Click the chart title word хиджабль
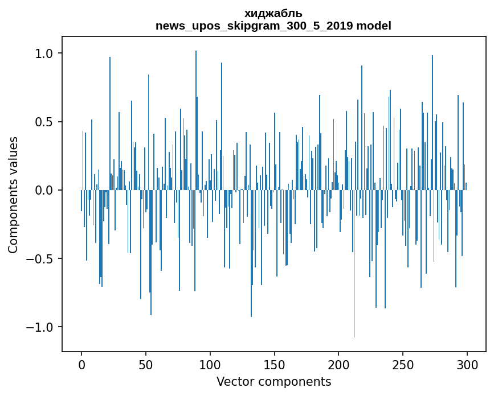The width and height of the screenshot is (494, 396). click(273, 13)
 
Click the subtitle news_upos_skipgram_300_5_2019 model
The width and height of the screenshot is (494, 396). click(273, 26)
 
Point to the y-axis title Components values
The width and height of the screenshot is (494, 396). click(13, 195)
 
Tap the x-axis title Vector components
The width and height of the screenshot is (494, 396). click(273, 382)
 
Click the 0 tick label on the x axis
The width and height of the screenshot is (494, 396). click(81, 364)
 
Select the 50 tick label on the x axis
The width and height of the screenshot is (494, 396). click(146, 364)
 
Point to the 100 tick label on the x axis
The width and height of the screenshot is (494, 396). click(210, 364)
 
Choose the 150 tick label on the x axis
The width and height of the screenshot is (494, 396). click(275, 364)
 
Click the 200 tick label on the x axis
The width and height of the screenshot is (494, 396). click(338, 364)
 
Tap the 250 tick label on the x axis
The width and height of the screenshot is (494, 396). click(403, 364)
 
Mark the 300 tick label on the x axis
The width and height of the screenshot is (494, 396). click(467, 364)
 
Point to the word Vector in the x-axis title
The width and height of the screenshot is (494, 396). click(234, 382)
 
